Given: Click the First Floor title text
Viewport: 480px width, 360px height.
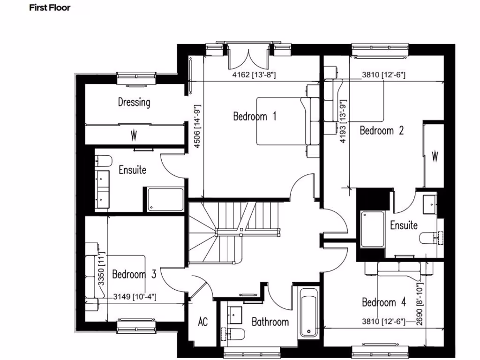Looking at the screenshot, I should (x=49, y=7).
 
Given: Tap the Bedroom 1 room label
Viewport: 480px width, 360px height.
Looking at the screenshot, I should (x=255, y=116).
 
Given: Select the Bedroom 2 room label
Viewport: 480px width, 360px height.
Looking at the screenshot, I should (x=382, y=130).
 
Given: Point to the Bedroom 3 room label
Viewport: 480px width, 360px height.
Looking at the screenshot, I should (x=134, y=274).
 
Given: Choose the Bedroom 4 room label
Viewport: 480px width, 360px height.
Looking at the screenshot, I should (x=384, y=302).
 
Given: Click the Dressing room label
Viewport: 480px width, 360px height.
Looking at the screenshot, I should (x=134, y=102).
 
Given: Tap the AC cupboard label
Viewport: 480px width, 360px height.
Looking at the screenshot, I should (x=202, y=322).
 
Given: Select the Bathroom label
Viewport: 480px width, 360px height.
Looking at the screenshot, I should (x=270, y=322).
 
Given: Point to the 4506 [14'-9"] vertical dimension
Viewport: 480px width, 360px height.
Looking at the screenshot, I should (x=197, y=126).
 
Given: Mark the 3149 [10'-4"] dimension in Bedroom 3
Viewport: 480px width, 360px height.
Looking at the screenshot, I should (x=135, y=296).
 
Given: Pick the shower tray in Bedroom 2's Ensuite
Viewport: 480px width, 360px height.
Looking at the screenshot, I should (x=372, y=229).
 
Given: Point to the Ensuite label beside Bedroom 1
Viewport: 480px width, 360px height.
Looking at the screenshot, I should (x=132, y=170).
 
